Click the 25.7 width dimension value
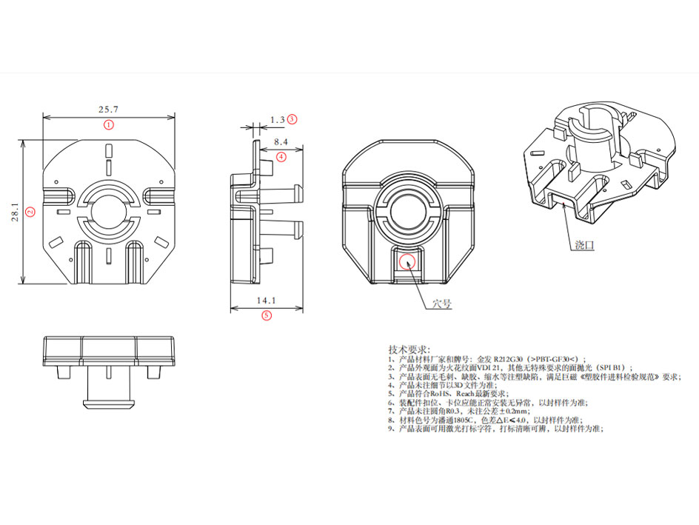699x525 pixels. point(108,109)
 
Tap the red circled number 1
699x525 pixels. point(109,124)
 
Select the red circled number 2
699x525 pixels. point(30,211)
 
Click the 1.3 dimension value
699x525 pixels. point(278,118)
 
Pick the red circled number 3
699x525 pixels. point(292,118)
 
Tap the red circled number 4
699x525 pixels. point(281,156)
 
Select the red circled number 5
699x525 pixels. point(267,315)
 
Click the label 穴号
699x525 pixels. point(442,304)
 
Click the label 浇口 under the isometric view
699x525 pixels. point(584,244)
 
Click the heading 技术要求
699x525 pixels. point(409,349)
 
